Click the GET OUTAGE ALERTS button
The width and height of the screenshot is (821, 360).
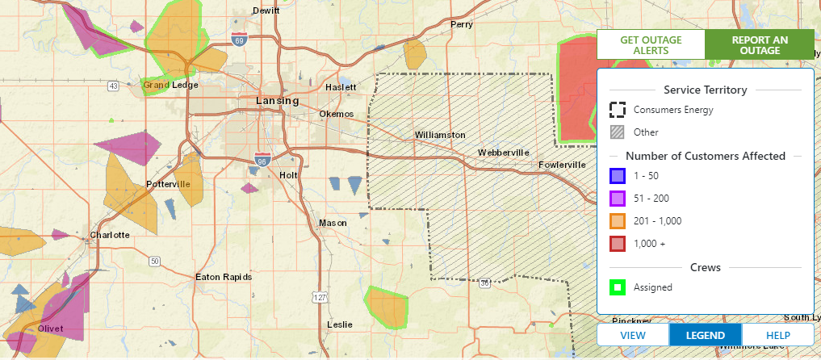tap(651, 45)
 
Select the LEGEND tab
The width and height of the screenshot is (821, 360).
tap(705, 335)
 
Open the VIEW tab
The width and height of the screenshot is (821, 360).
tap(633, 335)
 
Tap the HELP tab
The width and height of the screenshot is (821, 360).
tap(777, 335)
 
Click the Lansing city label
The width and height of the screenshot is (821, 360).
tap(277, 101)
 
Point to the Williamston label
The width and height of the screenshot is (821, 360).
tap(440, 135)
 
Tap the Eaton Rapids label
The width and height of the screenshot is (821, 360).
tap(224, 277)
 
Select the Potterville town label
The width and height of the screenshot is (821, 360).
tap(168, 184)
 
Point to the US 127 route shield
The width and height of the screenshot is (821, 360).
tap(321, 298)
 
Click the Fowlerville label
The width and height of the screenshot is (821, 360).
tap(563, 165)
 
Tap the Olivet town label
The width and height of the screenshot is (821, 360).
tap(50, 329)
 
